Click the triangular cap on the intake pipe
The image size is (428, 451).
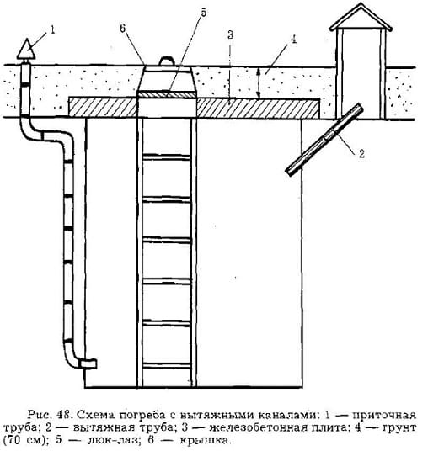pyautogui.click(x=26, y=50)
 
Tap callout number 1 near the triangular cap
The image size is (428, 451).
pyautogui.click(x=52, y=30)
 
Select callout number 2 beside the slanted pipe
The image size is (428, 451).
pyautogui.click(x=361, y=154)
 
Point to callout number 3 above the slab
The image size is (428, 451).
pyautogui.click(x=230, y=34)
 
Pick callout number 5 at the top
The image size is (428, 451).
pyautogui.click(x=203, y=13)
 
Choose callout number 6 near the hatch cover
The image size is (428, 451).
pyautogui.click(x=123, y=29)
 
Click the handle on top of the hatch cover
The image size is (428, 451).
pyautogui.click(x=168, y=61)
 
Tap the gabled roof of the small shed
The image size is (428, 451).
pyautogui.click(x=361, y=18)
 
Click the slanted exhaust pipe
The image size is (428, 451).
pyautogui.click(x=324, y=139)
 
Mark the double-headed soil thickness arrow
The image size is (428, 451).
pyautogui.click(x=259, y=83)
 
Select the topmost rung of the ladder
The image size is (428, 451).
pyautogui.click(x=167, y=157)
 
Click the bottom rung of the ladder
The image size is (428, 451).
pyautogui.click(x=167, y=366)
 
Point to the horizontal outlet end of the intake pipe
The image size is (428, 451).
pyautogui.click(x=88, y=363)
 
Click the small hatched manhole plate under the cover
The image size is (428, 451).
pyautogui.click(x=167, y=94)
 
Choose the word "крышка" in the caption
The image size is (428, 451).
pyautogui.click(x=206, y=441)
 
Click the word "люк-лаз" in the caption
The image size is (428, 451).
pyautogui.click(x=111, y=440)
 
